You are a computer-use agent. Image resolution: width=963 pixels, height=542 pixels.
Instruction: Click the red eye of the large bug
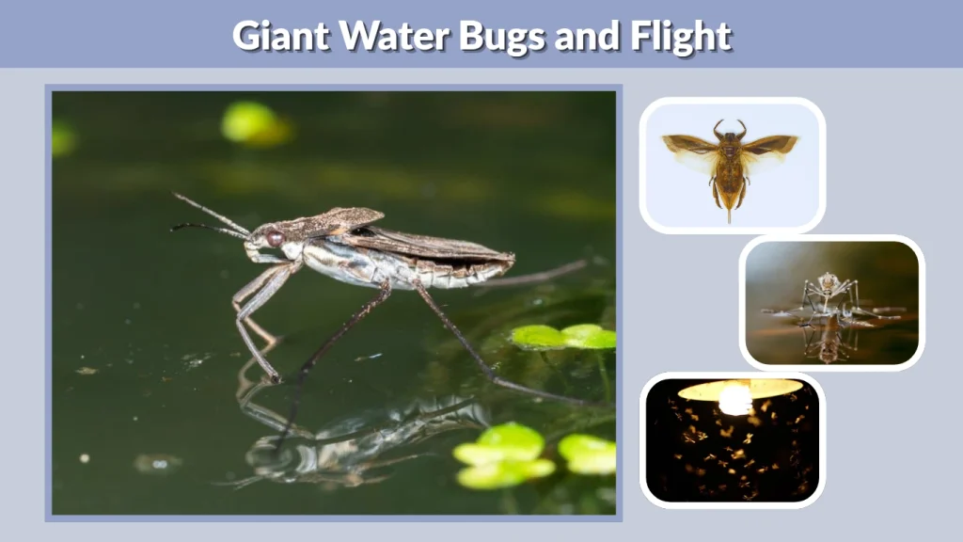(275, 239)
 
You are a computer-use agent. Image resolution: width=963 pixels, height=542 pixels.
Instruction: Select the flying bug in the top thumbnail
(731, 165)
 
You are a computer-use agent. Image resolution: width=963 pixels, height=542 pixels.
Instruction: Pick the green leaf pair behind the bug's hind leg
(562, 336)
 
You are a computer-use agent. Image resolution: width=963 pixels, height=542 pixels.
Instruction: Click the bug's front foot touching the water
(274, 377)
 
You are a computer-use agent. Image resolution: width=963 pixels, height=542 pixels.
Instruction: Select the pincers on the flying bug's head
(730, 128)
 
